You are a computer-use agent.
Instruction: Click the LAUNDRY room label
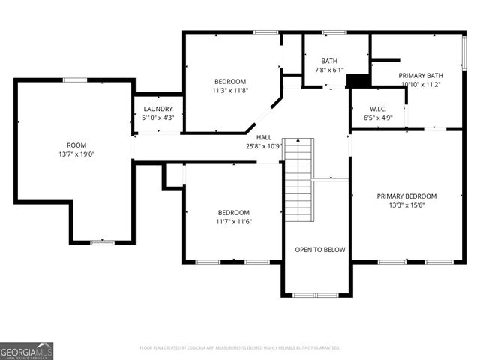(157, 109)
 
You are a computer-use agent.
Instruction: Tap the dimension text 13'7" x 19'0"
(76, 154)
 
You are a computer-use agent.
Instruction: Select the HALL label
(264, 137)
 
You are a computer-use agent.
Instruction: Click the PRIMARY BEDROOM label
(406, 196)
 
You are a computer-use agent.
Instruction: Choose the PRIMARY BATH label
(421, 75)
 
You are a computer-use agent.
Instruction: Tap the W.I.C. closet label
(378, 109)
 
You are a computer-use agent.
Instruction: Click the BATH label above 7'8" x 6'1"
(329, 61)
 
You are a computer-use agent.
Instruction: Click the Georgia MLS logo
(27, 351)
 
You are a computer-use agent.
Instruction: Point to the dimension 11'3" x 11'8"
(230, 90)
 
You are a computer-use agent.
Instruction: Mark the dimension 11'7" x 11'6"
(233, 221)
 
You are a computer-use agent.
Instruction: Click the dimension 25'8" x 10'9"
(264, 146)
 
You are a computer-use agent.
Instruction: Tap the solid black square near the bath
(359, 80)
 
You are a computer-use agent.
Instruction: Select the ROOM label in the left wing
(76, 145)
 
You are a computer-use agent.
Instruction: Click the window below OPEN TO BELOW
(316, 295)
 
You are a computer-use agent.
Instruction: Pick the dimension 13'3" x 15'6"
(406, 205)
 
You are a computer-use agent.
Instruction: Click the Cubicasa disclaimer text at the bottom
(240, 348)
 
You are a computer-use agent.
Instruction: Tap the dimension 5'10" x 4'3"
(157, 118)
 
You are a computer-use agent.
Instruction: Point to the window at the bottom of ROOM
(102, 242)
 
